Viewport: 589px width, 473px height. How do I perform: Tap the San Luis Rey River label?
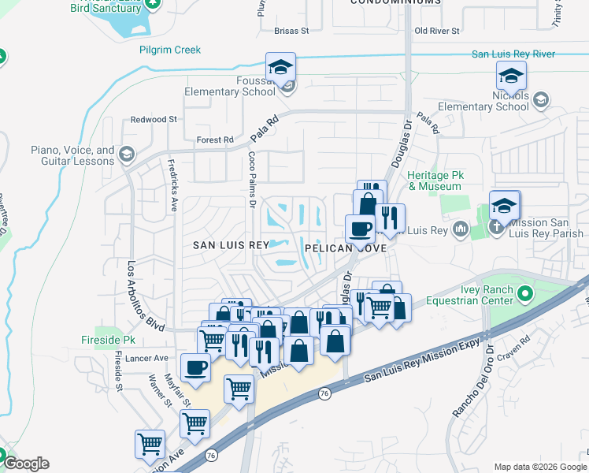(513, 54)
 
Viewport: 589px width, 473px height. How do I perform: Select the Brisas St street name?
(292, 31)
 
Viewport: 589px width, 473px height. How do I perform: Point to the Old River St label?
(436, 31)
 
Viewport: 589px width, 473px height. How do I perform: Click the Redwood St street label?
(154, 119)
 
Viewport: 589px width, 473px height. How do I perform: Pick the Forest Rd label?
(215, 140)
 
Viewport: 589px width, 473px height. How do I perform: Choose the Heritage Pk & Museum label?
(435, 181)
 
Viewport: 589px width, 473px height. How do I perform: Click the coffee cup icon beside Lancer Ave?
(195, 367)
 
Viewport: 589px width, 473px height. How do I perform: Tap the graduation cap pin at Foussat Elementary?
(280, 68)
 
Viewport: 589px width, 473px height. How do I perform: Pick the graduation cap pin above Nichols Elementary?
(511, 76)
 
